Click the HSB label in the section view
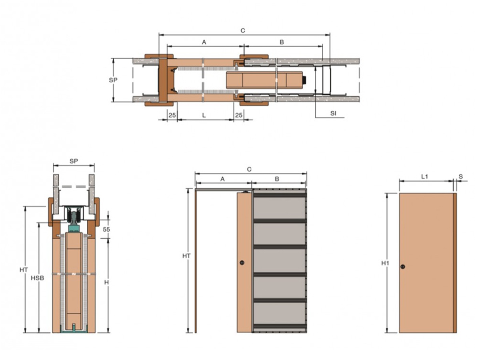pyautogui.click(x=37, y=278)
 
